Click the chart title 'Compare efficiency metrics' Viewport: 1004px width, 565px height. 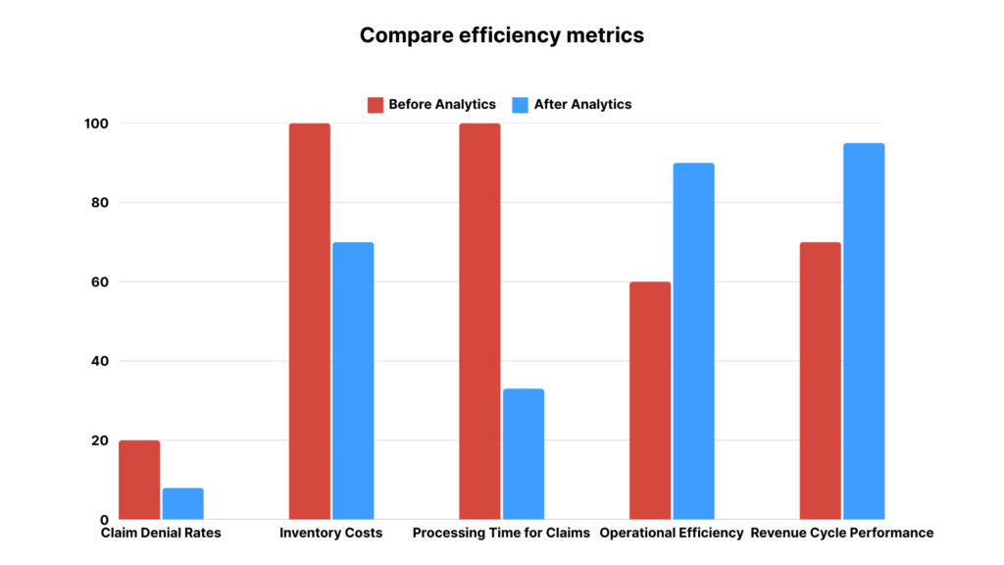coord(501,35)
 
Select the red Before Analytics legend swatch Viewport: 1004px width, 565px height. coord(376,105)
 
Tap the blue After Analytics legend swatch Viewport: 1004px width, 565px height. coord(521,105)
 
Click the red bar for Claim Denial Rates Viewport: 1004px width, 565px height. coord(139,480)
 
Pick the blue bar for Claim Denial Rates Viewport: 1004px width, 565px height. coord(182,503)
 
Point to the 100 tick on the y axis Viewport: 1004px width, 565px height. coord(94,124)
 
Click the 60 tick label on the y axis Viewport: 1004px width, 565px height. coord(98,282)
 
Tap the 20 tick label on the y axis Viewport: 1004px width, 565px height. coord(98,440)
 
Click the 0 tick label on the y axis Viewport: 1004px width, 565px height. coord(103,519)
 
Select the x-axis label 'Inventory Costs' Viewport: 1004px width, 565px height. coord(330,534)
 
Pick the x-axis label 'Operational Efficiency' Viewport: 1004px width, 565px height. coord(672,534)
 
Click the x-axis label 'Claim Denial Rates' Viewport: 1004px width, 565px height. coord(161,534)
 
